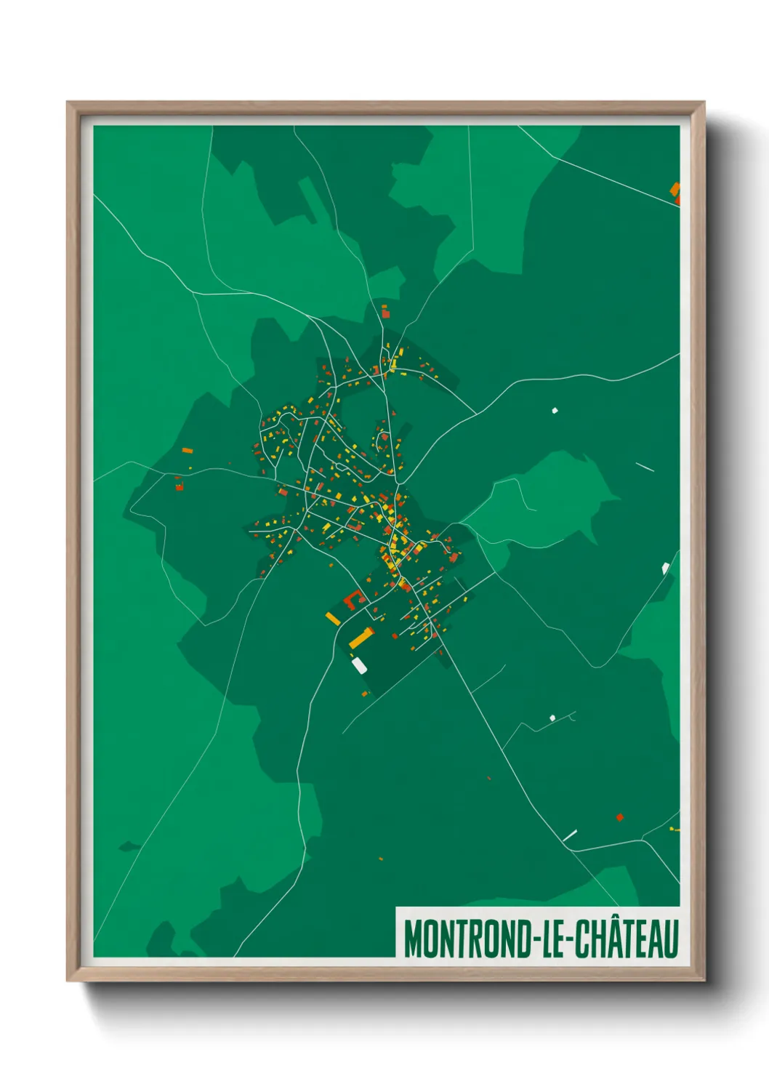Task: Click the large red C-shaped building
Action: click(x=353, y=599)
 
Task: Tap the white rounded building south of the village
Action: click(x=359, y=664)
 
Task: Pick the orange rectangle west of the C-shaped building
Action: click(x=333, y=618)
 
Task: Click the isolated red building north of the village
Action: click(x=386, y=314)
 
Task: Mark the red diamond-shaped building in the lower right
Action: click(x=619, y=817)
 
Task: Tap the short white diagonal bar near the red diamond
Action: click(x=570, y=835)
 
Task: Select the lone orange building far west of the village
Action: click(x=187, y=451)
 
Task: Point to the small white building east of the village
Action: click(x=555, y=411)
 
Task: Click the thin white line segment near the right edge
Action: click(x=645, y=467)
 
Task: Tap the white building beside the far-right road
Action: click(x=665, y=567)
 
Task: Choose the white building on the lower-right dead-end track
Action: click(x=552, y=718)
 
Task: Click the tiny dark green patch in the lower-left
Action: click(x=129, y=846)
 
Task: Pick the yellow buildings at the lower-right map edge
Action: click(x=674, y=829)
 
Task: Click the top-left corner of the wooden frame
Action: click(x=68, y=103)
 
